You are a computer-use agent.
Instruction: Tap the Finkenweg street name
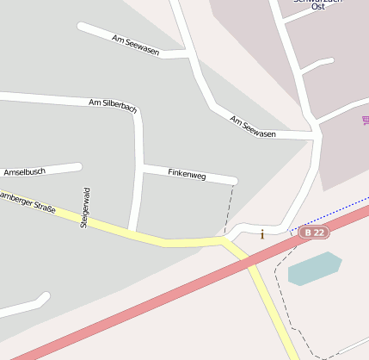pos(187,175)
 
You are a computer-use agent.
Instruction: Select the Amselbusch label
pos(24,171)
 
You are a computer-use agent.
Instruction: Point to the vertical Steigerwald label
pos(84,208)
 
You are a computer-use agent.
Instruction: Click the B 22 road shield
pos(314,233)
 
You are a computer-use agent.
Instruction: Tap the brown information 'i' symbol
pos(262,233)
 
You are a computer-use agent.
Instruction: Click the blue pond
pos(314,268)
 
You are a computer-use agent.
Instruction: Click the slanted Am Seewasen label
pos(253,126)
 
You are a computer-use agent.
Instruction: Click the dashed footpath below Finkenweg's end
pos(230,207)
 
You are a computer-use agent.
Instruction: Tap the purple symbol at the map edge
pos(366,122)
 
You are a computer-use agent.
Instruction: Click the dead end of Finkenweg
pos(233,181)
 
